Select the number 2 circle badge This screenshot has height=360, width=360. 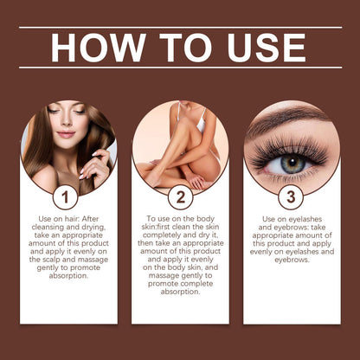(x=180, y=196)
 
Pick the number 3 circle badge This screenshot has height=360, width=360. (x=292, y=196)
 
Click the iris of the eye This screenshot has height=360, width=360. (x=293, y=162)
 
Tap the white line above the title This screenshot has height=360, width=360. (x=180, y=28)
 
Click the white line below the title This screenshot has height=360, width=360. (x=180, y=67)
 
